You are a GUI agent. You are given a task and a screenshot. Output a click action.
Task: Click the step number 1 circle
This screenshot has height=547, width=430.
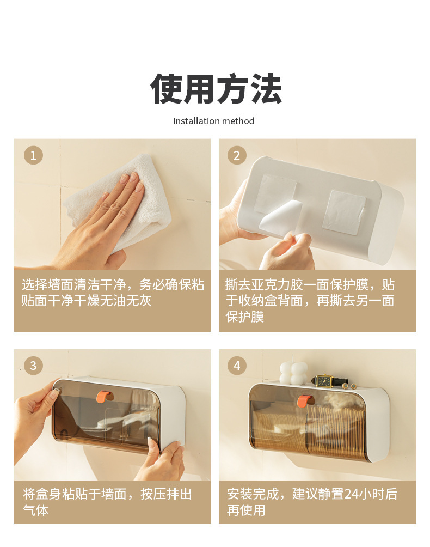click(x=33, y=155)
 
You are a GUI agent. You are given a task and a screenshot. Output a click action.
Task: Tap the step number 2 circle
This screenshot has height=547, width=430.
click(x=237, y=155)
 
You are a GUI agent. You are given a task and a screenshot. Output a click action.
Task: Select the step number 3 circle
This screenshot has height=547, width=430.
click(x=33, y=366)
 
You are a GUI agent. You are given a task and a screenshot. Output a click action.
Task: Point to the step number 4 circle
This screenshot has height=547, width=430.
click(x=237, y=366)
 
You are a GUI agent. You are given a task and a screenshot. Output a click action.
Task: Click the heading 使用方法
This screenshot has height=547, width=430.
click(x=216, y=89)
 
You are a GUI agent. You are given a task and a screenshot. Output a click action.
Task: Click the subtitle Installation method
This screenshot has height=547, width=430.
click(x=213, y=121)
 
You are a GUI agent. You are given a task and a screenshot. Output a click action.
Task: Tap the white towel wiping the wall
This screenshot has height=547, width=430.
click(x=119, y=202)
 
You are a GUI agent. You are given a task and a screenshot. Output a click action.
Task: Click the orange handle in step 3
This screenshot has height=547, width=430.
click(x=104, y=397)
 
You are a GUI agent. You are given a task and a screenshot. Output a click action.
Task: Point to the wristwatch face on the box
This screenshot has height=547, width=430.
click(x=324, y=381)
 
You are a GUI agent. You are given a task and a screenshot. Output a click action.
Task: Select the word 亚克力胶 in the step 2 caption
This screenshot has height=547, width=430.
click(x=277, y=285)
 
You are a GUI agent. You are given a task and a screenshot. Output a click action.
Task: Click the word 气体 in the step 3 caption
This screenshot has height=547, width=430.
click(x=35, y=510)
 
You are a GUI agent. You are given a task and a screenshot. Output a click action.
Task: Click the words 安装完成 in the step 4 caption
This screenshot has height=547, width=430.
click(x=253, y=494)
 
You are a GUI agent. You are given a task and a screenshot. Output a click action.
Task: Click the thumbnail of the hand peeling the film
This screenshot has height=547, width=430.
click(x=317, y=204)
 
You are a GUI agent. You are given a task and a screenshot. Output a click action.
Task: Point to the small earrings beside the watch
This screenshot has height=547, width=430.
click(x=349, y=386)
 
